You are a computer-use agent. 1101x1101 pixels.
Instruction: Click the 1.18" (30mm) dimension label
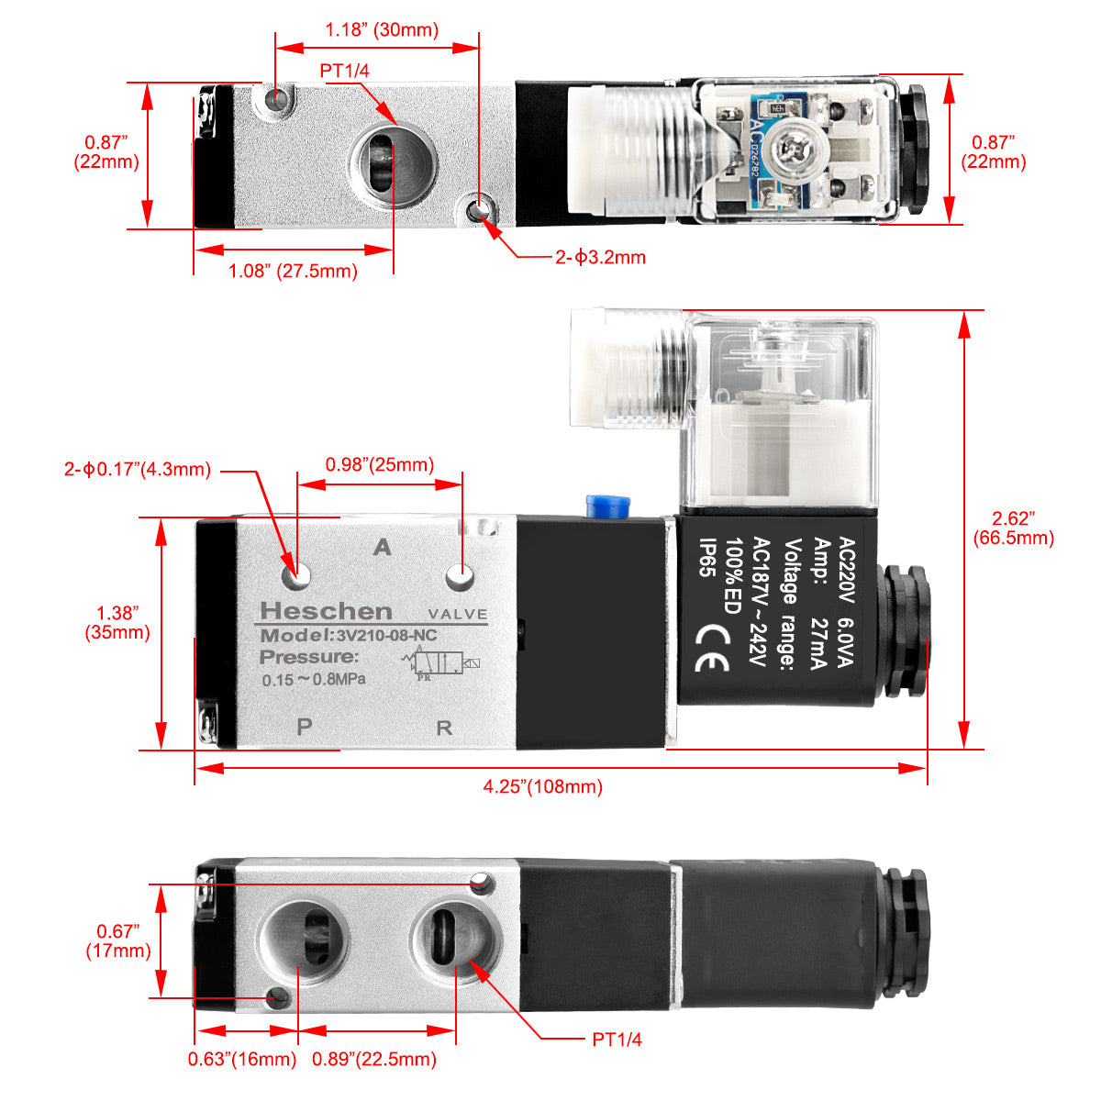tap(382, 30)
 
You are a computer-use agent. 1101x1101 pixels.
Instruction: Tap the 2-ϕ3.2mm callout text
tap(600, 257)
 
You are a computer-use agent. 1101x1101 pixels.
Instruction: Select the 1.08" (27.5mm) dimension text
tap(293, 271)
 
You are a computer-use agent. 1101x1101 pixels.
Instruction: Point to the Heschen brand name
tap(326, 611)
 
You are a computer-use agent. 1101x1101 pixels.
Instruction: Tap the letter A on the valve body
tap(383, 548)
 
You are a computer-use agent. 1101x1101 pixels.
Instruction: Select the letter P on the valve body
tap(305, 727)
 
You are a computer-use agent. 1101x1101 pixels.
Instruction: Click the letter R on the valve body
tap(444, 728)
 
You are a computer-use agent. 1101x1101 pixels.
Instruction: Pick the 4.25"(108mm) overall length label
tap(542, 786)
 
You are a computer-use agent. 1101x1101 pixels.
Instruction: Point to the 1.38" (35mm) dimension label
tap(117, 622)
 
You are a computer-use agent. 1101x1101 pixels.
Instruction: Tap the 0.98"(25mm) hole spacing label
tap(379, 465)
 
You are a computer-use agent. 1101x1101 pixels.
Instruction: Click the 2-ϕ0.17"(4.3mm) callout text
tap(138, 470)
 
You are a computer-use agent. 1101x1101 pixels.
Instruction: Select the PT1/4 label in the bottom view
tap(617, 1040)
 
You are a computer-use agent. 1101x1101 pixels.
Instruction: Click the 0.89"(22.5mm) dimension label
tap(373, 1059)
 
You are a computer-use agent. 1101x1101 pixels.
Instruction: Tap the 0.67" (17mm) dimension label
tap(118, 940)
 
